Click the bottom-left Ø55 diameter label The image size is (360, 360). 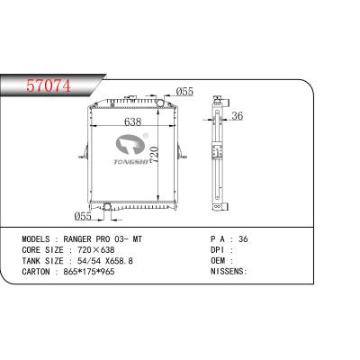coord(83,217)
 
